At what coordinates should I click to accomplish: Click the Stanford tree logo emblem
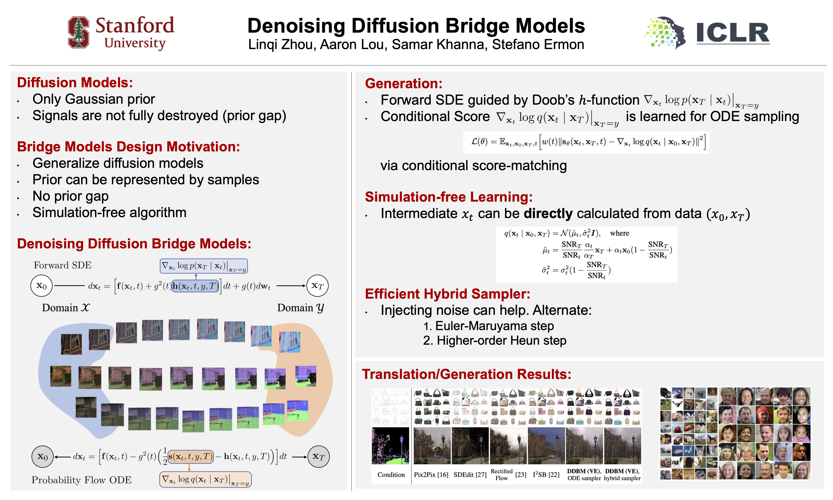(x=78, y=32)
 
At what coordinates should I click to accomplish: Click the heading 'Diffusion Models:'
(x=75, y=83)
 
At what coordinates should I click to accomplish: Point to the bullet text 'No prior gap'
(x=70, y=196)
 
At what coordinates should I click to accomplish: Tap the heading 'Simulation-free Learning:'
(x=448, y=197)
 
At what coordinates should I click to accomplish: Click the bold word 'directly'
(x=548, y=214)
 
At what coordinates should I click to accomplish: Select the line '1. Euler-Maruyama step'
(x=488, y=326)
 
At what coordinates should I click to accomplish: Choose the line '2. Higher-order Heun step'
(x=494, y=341)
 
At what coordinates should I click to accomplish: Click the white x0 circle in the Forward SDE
(x=41, y=286)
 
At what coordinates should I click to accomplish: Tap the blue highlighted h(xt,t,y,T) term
(x=195, y=286)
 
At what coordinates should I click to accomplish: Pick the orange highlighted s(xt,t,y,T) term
(x=191, y=456)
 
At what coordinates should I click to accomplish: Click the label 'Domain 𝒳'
(x=66, y=308)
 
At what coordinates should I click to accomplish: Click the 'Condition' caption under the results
(x=391, y=475)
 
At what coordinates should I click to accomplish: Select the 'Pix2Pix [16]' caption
(x=431, y=475)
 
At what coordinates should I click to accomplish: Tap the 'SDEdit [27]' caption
(x=470, y=475)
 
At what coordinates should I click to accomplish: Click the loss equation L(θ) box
(x=586, y=142)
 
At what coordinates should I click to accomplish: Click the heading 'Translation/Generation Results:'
(x=466, y=374)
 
